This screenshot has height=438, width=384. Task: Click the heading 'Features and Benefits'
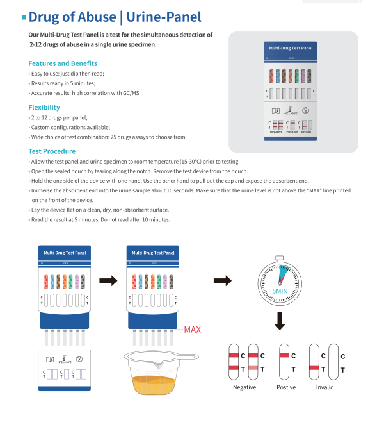[x=63, y=63]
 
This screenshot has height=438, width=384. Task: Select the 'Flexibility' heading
[x=44, y=107]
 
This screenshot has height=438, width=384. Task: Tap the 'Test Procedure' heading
[x=52, y=151]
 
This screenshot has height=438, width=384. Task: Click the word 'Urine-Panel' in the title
[x=168, y=17]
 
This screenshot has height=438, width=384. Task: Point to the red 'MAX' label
[x=192, y=330]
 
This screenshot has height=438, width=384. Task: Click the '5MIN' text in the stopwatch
[x=284, y=291]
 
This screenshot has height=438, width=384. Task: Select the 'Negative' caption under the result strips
[x=244, y=387]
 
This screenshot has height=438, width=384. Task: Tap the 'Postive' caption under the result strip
[x=285, y=387]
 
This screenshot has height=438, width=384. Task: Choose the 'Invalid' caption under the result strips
[x=324, y=387]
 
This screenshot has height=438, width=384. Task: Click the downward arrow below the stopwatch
[x=280, y=321]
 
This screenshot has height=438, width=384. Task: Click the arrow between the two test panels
[x=108, y=280]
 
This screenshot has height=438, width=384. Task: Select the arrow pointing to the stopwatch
[x=222, y=280]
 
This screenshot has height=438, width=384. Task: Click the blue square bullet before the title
[x=24, y=17]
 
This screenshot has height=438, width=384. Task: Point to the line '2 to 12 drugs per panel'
[x=60, y=118]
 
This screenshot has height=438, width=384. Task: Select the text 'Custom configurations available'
[x=71, y=127]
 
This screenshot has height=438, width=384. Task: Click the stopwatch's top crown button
[x=280, y=258]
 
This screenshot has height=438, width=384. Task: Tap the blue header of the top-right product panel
[x=291, y=48]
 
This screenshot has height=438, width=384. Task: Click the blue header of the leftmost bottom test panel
[x=65, y=253]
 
